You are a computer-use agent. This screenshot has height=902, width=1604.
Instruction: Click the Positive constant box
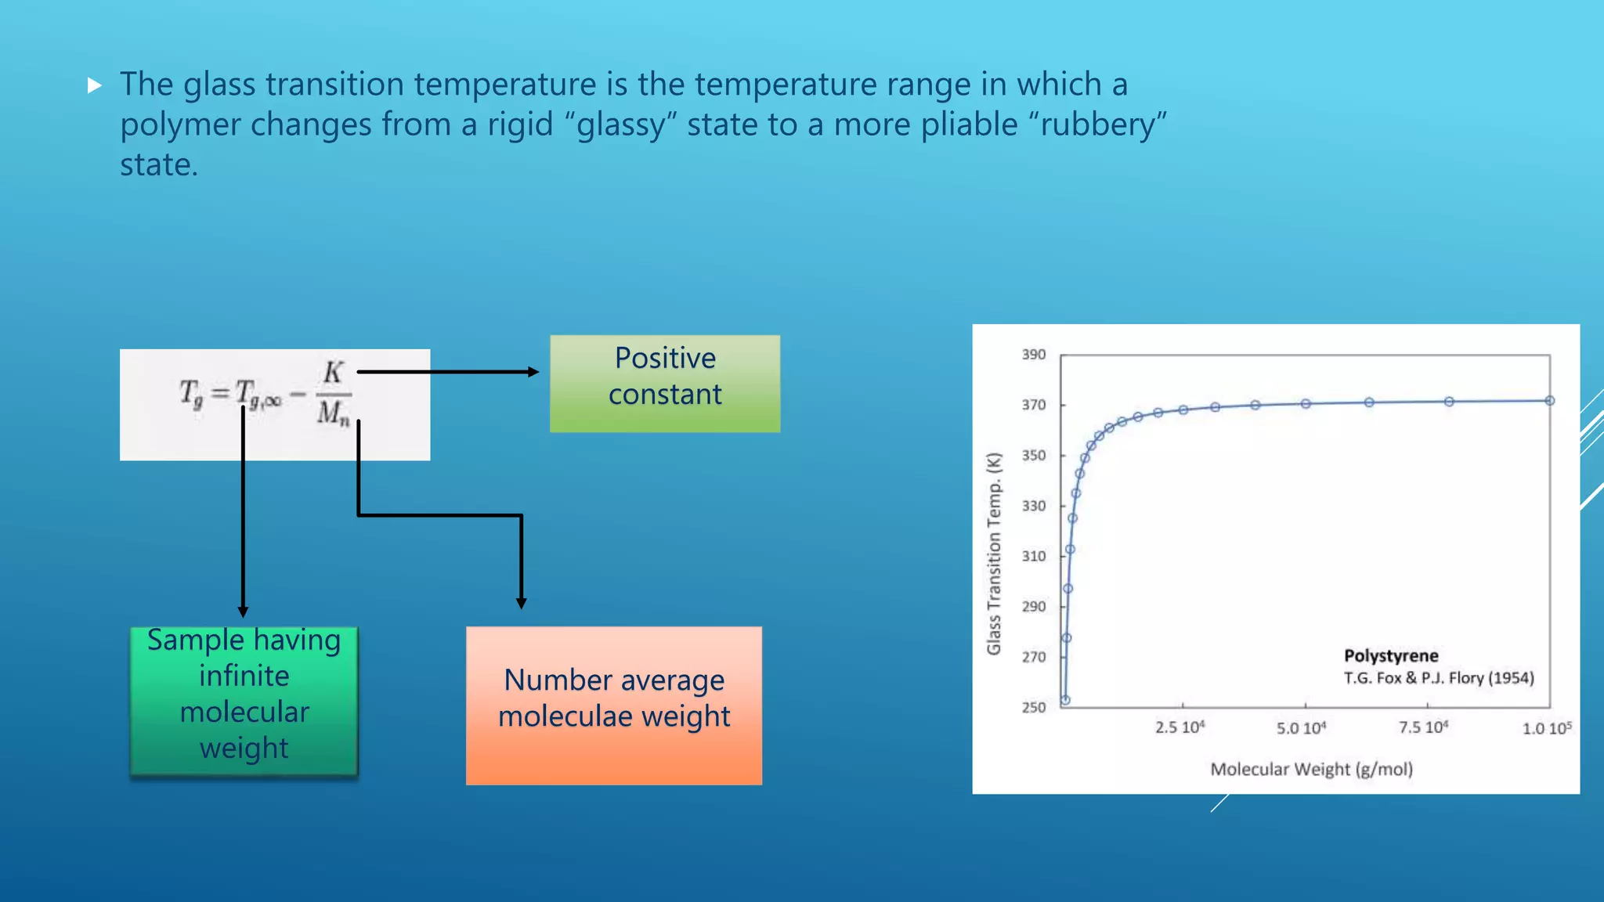(664, 384)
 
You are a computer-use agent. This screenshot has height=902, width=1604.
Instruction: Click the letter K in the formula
(334, 373)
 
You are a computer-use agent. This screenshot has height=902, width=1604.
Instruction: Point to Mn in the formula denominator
(334, 413)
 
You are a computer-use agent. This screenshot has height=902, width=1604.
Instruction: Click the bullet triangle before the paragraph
(95, 85)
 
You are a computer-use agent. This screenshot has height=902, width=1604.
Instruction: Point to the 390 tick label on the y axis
(1033, 355)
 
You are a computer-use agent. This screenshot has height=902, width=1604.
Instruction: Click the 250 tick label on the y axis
(1033, 708)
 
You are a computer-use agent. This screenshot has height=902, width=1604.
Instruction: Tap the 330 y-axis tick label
(1033, 507)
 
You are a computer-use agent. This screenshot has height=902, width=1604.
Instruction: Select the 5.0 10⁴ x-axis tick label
(1301, 728)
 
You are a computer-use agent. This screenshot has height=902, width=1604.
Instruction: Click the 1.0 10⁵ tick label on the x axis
(1546, 728)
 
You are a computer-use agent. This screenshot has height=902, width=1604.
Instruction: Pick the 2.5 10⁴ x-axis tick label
(1180, 727)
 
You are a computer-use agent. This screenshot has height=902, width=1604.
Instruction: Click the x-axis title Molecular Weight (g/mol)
(1311, 770)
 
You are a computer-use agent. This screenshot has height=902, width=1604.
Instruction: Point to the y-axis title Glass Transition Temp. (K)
(994, 554)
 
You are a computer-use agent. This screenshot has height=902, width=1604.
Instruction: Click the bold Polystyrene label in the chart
(1391, 656)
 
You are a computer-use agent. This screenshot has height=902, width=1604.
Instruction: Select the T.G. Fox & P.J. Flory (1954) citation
(1439, 678)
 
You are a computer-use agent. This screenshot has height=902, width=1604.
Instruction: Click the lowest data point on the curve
(1065, 700)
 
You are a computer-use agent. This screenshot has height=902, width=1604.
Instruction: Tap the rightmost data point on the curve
(1549, 401)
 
